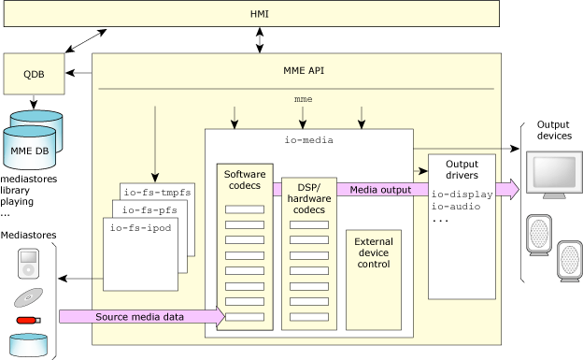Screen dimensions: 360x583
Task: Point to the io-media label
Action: (x=308, y=139)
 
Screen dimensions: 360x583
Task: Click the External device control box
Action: (x=374, y=252)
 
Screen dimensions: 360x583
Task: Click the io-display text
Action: (x=462, y=194)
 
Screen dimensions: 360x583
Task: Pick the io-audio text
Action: (x=458, y=208)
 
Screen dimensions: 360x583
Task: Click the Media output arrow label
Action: (x=379, y=190)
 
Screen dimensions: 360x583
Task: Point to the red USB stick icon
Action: (x=28, y=322)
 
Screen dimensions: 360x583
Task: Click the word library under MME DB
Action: (x=16, y=188)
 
